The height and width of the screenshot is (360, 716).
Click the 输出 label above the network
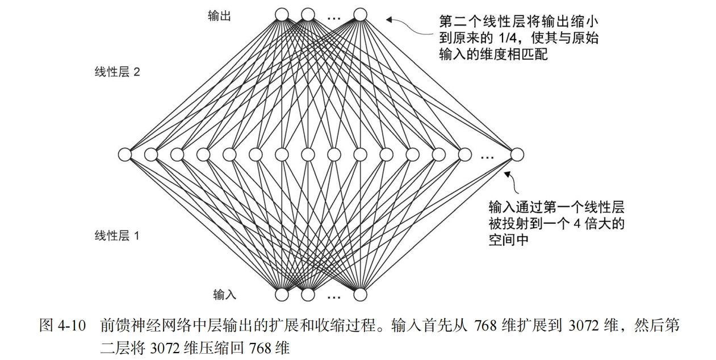click(219, 16)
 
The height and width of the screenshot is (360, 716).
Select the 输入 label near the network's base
click(224, 294)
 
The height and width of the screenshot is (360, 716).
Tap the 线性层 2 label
click(117, 72)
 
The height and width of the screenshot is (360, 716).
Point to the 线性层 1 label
click(117, 236)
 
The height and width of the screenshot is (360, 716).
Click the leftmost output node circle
click(282, 14)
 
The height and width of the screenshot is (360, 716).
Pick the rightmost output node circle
click(360, 14)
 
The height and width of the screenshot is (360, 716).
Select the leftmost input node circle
click(282, 295)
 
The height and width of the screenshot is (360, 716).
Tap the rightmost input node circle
click(360, 295)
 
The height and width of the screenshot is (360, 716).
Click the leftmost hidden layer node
click(125, 154)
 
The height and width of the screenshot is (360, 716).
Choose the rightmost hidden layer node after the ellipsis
click(517, 154)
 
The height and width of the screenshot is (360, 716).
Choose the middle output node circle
click(308, 14)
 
